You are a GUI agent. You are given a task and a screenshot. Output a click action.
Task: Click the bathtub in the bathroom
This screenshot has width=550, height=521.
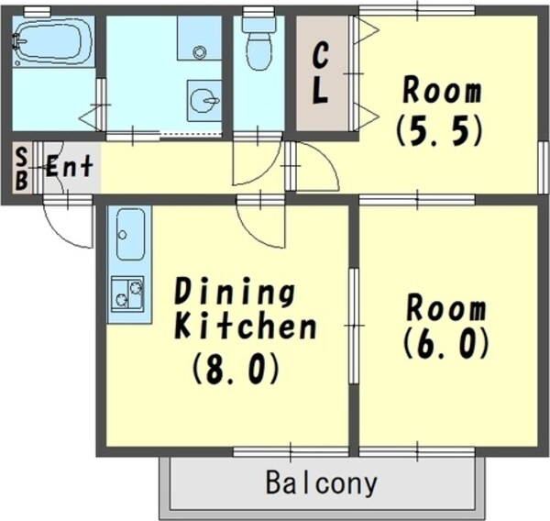(x=53, y=41)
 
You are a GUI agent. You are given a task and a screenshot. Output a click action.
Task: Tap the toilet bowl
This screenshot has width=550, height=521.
(x=259, y=51)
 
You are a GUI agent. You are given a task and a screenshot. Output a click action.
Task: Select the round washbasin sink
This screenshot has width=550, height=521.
(x=204, y=101)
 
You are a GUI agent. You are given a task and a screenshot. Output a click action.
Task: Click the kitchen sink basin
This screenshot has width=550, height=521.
(x=130, y=234)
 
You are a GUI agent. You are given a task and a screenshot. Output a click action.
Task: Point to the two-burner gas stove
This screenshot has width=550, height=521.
(x=127, y=294)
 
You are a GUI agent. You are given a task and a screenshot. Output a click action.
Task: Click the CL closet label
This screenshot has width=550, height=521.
(x=320, y=73)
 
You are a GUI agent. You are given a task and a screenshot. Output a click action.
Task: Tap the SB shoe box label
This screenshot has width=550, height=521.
(x=22, y=168)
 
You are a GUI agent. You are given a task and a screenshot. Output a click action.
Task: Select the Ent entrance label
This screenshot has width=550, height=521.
(x=71, y=165)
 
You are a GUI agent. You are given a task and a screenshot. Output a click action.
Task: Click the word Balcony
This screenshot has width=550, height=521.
(x=322, y=483)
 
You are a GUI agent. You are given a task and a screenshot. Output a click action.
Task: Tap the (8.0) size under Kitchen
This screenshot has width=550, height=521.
(x=236, y=369)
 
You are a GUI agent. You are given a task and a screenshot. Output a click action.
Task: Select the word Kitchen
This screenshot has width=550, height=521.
(x=245, y=327)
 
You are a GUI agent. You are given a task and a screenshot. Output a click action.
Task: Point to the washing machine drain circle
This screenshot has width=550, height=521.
(x=199, y=52)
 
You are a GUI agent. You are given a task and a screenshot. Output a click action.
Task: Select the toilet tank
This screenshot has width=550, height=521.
(x=259, y=25)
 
